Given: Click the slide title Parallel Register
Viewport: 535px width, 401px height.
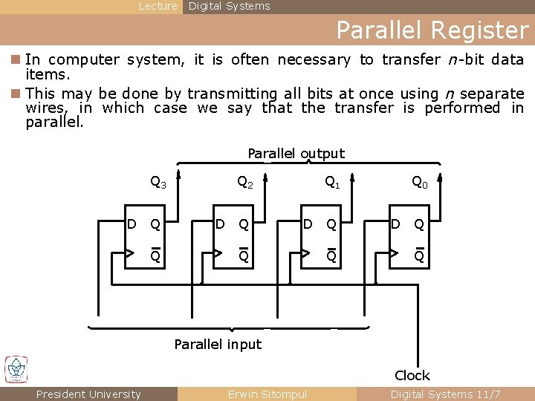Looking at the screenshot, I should [432, 30].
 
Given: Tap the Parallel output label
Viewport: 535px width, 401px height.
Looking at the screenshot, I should [296, 154].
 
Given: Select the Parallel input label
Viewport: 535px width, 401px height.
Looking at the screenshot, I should [218, 344].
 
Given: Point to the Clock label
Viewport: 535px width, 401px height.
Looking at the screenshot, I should [412, 375].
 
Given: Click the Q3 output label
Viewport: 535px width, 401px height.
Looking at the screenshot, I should [158, 181].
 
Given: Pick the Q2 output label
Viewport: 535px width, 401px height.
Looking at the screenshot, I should [245, 181].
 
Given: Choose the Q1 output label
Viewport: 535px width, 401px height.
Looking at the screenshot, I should [332, 181].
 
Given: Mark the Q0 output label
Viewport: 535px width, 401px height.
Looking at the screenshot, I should [420, 181].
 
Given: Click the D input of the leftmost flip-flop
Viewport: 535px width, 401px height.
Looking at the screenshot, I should [132, 224].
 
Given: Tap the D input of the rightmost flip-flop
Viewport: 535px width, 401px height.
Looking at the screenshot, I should [395, 224].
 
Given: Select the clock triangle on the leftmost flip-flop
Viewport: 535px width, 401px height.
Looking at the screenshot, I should [130, 253].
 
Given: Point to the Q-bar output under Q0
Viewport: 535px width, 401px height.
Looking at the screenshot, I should [420, 255].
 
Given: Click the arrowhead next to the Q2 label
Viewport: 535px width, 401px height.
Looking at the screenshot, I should [266, 178].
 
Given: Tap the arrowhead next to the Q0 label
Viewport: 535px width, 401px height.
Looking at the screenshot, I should [441, 178].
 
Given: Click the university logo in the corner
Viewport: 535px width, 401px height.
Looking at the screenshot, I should [16, 369].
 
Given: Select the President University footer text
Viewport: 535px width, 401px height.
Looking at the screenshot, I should [88, 394].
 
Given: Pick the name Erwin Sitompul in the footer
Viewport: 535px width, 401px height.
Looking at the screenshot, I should [267, 394].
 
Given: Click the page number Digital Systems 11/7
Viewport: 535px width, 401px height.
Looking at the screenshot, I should [446, 394].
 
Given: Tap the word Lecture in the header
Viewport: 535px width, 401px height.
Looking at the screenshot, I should [158, 6].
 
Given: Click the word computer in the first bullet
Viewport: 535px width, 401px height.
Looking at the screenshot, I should [88, 59].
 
